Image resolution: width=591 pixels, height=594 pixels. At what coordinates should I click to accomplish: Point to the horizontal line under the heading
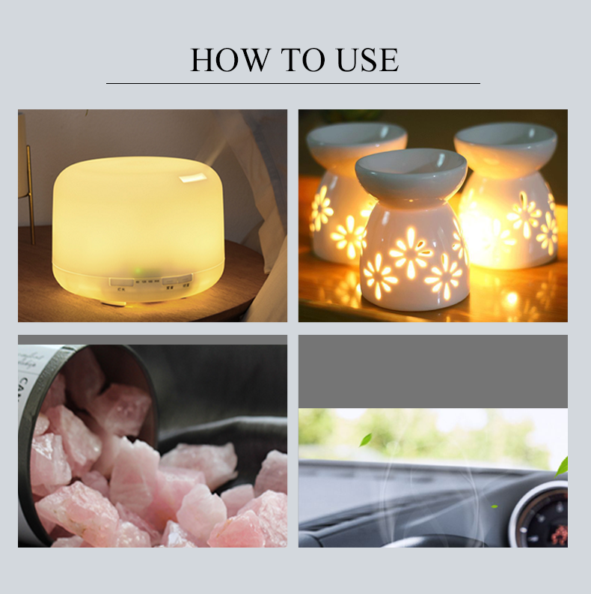pos(293,83)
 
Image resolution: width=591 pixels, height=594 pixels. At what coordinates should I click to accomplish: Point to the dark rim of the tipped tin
pos(142,375)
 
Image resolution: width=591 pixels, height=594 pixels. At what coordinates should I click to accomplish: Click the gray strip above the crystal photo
pos(152,339)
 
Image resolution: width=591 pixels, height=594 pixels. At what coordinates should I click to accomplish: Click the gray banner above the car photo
pos(432,371)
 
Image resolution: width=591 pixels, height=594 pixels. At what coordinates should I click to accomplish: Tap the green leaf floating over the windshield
pos(366,440)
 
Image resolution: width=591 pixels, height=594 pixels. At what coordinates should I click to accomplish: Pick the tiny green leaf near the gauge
pos(494,506)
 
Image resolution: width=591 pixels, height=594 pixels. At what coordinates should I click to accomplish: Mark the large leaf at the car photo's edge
pos(562,466)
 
